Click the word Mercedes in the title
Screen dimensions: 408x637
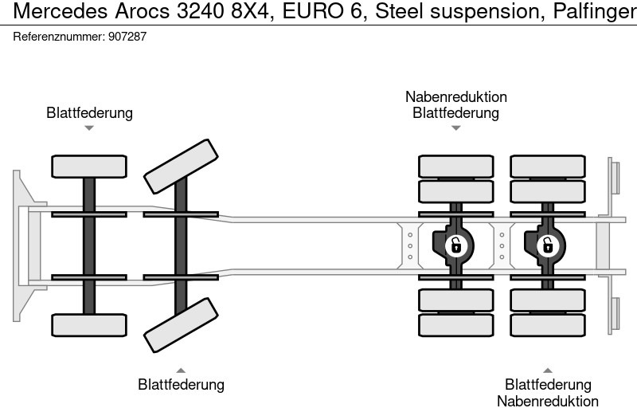(x=52, y=12)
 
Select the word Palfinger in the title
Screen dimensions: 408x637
(x=594, y=12)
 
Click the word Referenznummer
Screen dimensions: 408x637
(x=58, y=37)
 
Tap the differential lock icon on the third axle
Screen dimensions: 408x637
(x=455, y=245)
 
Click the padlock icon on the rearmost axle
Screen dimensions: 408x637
(x=547, y=245)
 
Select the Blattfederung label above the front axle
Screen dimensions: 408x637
(x=89, y=113)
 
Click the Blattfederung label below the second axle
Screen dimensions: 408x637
(x=181, y=385)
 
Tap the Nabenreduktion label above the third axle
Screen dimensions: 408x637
(x=455, y=97)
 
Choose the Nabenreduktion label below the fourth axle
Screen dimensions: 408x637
(x=547, y=401)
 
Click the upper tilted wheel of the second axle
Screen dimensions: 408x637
(x=181, y=166)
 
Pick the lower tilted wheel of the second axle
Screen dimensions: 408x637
(x=181, y=324)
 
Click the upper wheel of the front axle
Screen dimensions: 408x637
(x=89, y=166)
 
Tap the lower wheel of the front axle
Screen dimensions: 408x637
(x=89, y=324)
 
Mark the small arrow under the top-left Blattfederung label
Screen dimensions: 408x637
(x=89, y=127)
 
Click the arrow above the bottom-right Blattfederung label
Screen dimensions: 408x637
(x=547, y=370)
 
